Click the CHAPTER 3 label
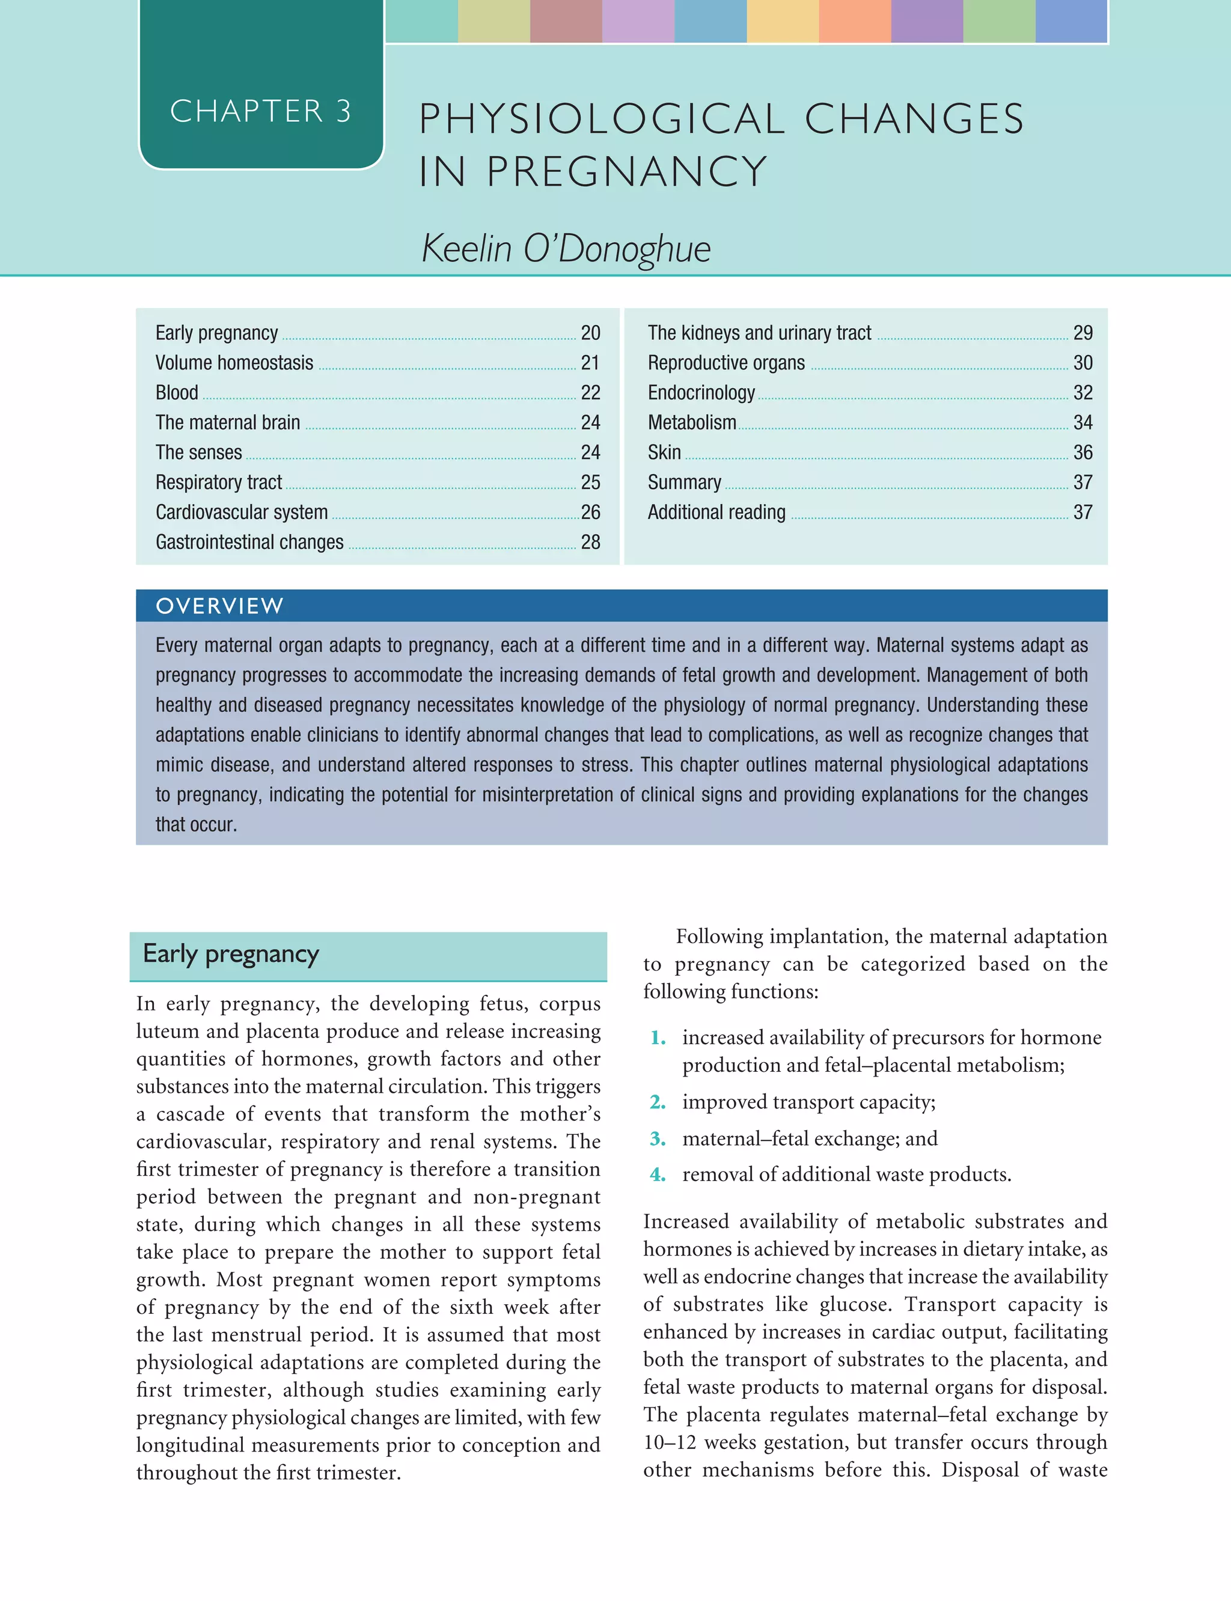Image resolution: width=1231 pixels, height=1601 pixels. [x=260, y=111]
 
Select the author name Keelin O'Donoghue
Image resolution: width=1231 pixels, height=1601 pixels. [x=566, y=248]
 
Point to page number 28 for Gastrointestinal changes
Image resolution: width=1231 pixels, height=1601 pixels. [x=590, y=542]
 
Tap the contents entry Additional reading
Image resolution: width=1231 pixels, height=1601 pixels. [x=716, y=512]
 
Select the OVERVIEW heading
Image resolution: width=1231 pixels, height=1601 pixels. [x=219, y=606]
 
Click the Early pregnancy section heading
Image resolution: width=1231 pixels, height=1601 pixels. [x=231, y=953]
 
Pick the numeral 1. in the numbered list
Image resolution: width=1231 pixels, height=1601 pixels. [x=657, y=1037]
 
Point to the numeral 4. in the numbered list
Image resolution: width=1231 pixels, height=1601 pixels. [x=657, y=1174]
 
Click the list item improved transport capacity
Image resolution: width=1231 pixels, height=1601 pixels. [x=808, y=1102]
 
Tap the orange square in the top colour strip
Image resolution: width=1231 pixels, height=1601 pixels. [x=854, y=20]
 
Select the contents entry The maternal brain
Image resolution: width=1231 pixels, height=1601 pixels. [x=227, y=422]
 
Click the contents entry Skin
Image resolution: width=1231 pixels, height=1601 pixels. [x=664, y=452]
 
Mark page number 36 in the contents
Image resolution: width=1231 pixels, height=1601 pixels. [x=1083, y=452]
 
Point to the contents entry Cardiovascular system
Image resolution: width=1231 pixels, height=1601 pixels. [x=241, y=512]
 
